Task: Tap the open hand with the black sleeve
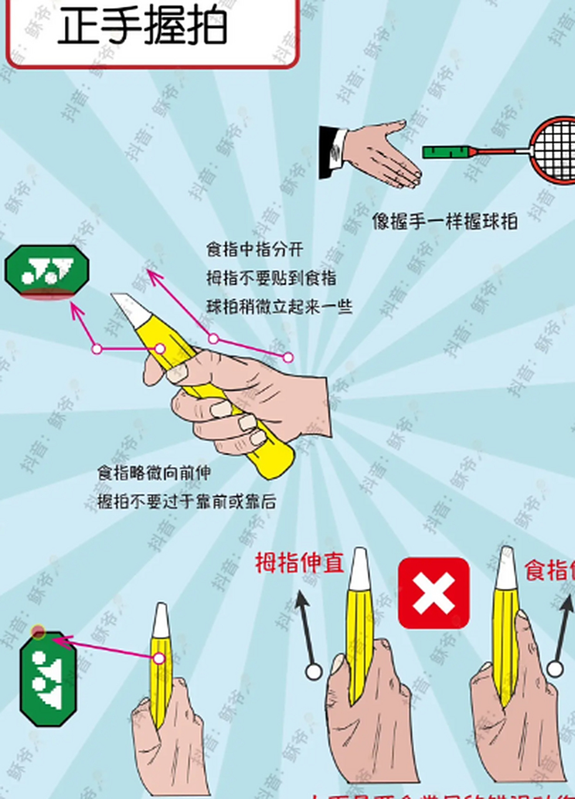point(375,154)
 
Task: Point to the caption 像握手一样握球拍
point(445,222)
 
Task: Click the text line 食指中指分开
point(255,250)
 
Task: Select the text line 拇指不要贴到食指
point(272,278)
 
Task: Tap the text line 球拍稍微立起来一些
point(280,306)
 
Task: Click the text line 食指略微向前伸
point(154,473)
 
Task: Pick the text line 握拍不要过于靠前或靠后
point(187,501)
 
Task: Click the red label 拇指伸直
point(300,563)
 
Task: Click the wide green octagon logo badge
point(47,272)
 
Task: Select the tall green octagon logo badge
point(47,679)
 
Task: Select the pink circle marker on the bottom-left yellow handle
point(159,658)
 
